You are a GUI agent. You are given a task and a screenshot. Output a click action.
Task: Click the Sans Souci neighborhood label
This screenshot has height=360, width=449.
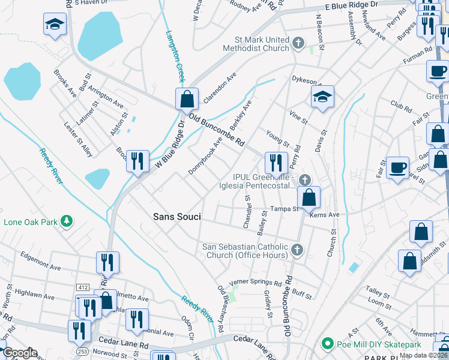click(176, 216)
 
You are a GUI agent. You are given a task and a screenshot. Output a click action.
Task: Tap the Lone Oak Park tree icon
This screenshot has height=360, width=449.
click(68, 222)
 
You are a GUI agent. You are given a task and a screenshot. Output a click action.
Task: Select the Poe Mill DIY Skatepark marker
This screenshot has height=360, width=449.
click(327, 344)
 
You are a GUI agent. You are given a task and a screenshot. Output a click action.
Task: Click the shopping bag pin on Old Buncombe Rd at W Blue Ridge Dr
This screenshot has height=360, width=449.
click(187, 98)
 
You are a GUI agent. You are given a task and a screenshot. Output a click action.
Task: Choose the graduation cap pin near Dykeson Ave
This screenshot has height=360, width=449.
click(322, 96)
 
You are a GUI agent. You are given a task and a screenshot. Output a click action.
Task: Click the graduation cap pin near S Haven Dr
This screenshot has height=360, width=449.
click(55, 24)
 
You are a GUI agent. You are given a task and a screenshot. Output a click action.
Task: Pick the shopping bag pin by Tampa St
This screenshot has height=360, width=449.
click(309, 197)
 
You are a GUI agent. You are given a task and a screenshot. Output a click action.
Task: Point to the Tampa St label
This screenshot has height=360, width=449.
click(284, 209)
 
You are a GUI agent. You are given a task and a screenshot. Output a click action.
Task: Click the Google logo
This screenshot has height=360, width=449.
click(19, 353)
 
